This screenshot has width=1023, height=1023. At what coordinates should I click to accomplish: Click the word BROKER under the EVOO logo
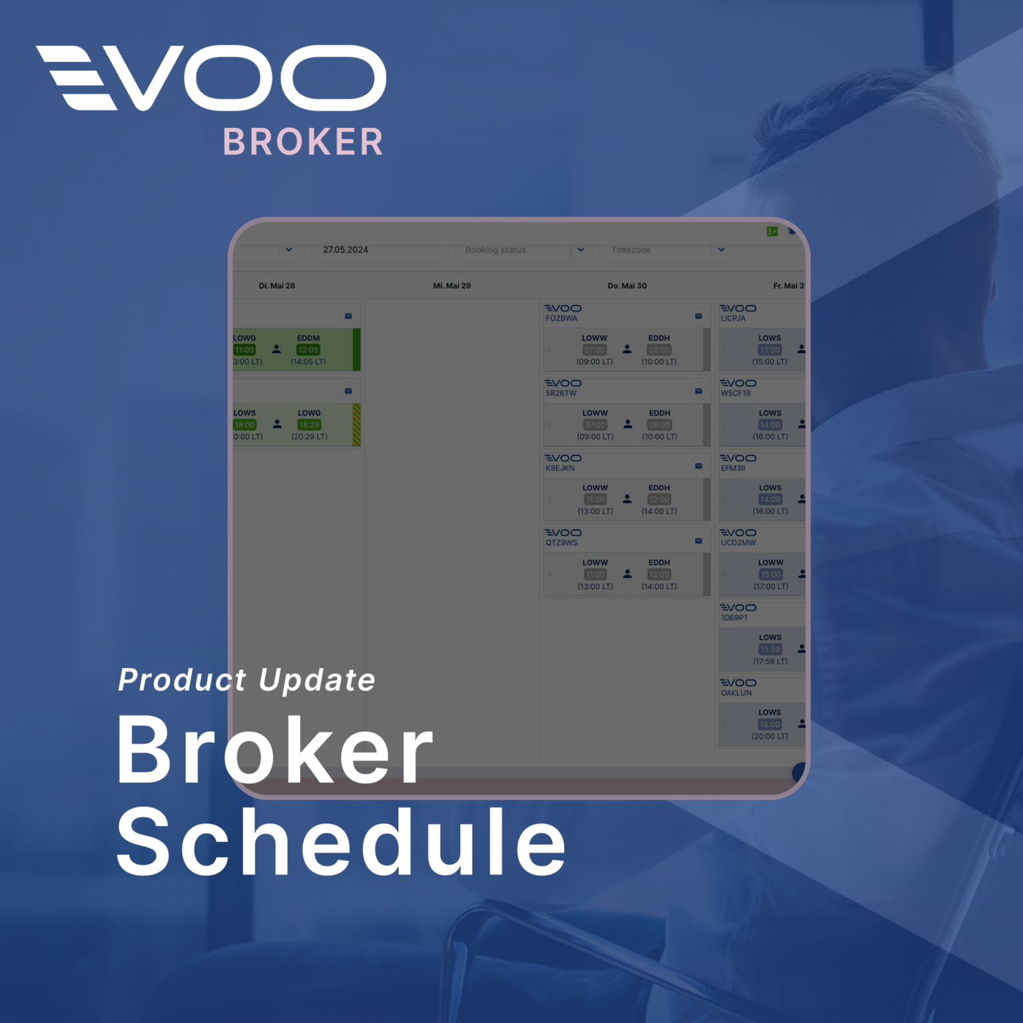[303, 142]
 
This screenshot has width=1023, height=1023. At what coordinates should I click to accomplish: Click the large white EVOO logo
[211, 78]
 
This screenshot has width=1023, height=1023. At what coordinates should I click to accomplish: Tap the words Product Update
[246, 680]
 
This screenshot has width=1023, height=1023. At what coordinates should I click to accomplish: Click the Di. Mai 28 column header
[277, 286]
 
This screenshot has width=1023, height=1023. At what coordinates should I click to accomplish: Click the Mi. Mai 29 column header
[452, 286]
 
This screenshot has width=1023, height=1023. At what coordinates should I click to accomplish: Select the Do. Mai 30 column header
[627, 286]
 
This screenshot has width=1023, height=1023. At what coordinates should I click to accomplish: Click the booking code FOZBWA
[561, 318]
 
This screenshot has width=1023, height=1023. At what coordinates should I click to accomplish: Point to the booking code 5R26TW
[561, 393]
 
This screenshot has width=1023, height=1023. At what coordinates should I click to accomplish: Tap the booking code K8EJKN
[560, 468]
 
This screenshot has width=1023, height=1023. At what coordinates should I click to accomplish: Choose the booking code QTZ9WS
[561, 543]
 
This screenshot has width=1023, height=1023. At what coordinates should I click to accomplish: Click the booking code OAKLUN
[736, 693]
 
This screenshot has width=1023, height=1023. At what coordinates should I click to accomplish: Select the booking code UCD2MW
[738, 543]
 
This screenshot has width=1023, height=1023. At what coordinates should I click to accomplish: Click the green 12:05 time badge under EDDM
[308, 350]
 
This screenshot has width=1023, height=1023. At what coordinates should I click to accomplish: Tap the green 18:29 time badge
[309, 425]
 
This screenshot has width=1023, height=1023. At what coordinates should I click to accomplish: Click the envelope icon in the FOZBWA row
[699, 316]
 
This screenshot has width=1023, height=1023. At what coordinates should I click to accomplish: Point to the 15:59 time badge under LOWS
[770, 649]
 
